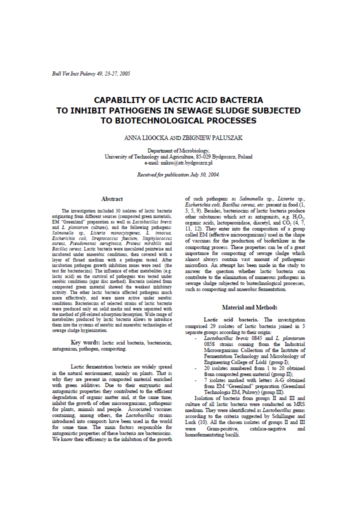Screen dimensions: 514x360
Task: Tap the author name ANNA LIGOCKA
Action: pyautogui.click(x=146, y=137)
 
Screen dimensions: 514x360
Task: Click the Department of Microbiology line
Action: pyautogui.click(x=178, y=150)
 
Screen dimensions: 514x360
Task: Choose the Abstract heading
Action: pyautogui.click(x=112, y=199)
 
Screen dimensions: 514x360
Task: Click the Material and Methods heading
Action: pyautogui.click(x=249, y=307)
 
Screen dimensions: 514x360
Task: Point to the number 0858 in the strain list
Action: pyautogui.click(x=212, y=344)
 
